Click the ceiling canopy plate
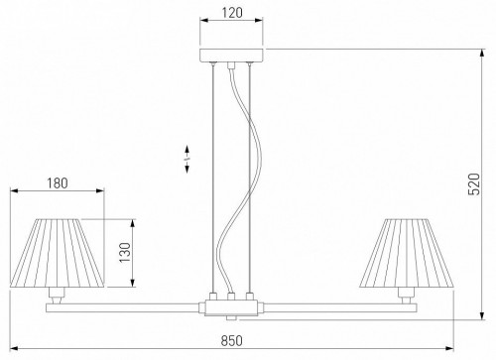point(232,57)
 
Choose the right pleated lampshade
point(410,252)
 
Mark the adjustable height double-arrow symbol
point(187,162)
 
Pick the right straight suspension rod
point(249,179)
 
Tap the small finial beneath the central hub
point(232,317)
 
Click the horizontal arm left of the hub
point(129,306)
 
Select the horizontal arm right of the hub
point(337,306)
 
